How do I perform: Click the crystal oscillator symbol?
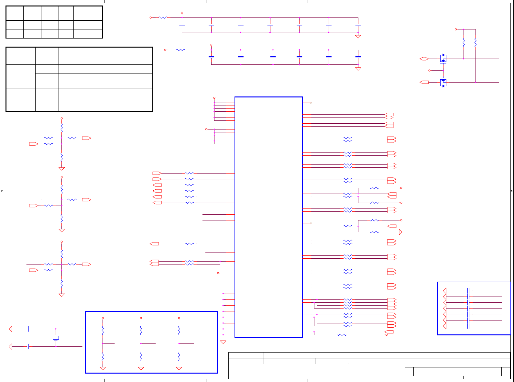pos(56,338)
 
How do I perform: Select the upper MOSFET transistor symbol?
pos(443,59)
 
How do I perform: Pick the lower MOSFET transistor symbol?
pos(443,83)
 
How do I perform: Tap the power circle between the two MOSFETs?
pos(430,70)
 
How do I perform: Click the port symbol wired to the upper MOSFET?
pos(424,59)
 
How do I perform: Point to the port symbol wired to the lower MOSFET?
pos(424,83)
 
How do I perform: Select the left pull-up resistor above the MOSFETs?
pos(464,43)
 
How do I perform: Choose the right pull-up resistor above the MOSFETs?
pos(476,43)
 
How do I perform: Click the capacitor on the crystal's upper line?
pos(28,329)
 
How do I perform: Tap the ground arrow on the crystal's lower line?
pos(10,347)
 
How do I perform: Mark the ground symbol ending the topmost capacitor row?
pos(358,37)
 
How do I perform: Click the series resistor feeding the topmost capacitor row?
pos(163,17)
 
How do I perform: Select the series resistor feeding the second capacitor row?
pos(181,50)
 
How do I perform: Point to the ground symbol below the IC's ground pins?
pos(223,342)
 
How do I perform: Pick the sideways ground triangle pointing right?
pos(400,232)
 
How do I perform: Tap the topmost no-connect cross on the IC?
pos(311,103)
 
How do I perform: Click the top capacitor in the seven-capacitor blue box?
pos(468,291)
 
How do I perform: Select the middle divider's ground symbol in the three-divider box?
pos(141,368)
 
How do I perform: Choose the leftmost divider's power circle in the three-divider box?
pos(103,318)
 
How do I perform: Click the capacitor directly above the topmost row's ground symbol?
pos(358,25)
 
